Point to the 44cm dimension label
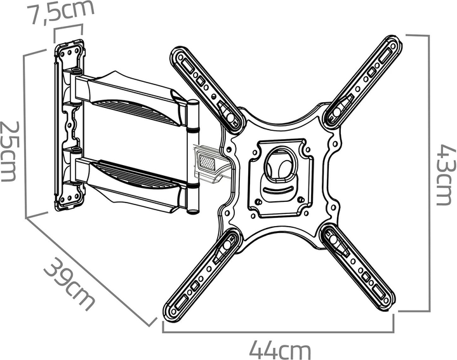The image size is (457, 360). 279,350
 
